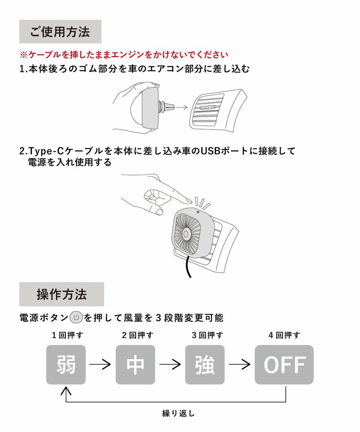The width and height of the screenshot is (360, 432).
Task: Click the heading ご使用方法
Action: [60, 32]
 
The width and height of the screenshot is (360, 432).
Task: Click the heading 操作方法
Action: [62, 294]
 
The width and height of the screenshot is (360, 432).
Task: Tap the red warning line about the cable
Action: [124, 55]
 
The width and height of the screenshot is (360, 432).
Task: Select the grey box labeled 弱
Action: [66, 365]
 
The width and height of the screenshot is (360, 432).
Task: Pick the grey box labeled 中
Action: [135, 365]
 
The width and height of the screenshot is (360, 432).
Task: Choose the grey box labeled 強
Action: [205, 365]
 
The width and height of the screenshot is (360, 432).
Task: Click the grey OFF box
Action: [284, 365]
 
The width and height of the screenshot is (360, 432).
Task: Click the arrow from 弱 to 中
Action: [101, 365]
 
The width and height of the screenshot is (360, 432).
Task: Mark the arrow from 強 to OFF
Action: [240, 365]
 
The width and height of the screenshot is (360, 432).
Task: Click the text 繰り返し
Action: [178, 413]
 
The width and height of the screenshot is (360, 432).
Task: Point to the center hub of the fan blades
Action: [187, 234]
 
